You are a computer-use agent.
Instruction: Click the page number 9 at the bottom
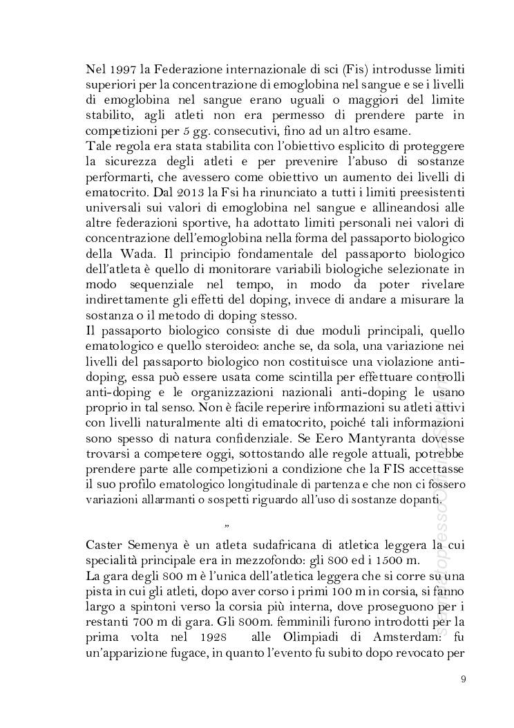point(464,678)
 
